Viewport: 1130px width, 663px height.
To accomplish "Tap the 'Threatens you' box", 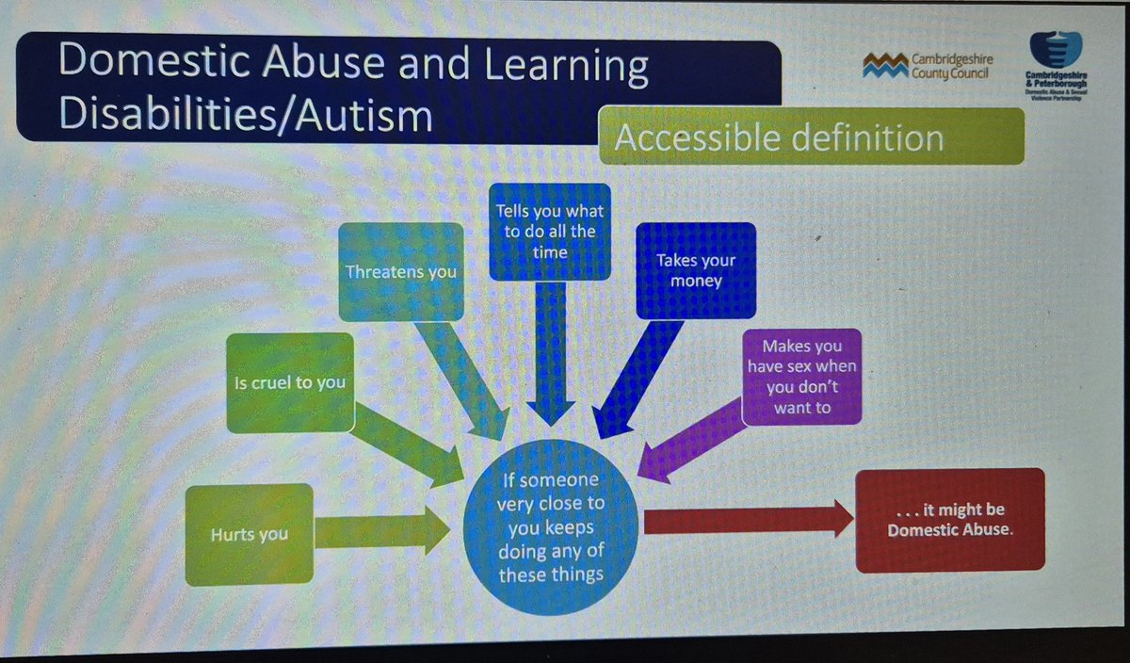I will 401,272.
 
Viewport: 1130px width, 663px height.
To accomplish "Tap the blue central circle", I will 551,527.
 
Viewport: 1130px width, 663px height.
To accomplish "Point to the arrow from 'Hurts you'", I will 381,531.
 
